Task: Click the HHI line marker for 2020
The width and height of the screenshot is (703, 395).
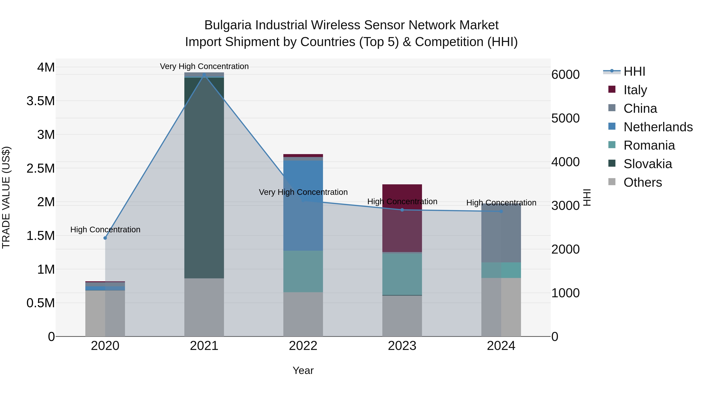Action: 105,238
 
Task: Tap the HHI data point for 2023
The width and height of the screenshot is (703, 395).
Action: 402,210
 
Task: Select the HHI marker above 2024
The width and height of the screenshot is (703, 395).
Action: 501,211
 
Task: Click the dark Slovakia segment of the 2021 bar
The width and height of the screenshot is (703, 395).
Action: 204,177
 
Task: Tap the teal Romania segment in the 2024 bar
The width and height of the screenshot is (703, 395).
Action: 501,270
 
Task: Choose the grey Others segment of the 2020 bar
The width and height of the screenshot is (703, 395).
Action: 105,313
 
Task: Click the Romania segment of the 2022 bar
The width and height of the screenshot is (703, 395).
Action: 303,271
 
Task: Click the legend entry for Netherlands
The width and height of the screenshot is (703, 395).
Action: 658,127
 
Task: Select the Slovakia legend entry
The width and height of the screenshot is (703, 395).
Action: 648,164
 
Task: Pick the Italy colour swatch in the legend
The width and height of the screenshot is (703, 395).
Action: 612,89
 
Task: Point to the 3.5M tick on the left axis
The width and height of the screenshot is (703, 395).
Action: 40,101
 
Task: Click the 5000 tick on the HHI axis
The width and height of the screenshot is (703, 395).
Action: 566,118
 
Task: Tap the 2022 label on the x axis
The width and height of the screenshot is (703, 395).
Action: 303,346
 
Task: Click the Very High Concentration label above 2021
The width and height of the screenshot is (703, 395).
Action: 204,66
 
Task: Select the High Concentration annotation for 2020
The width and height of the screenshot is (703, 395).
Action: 105,230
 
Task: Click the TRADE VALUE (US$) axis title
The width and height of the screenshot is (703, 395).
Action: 6,197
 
